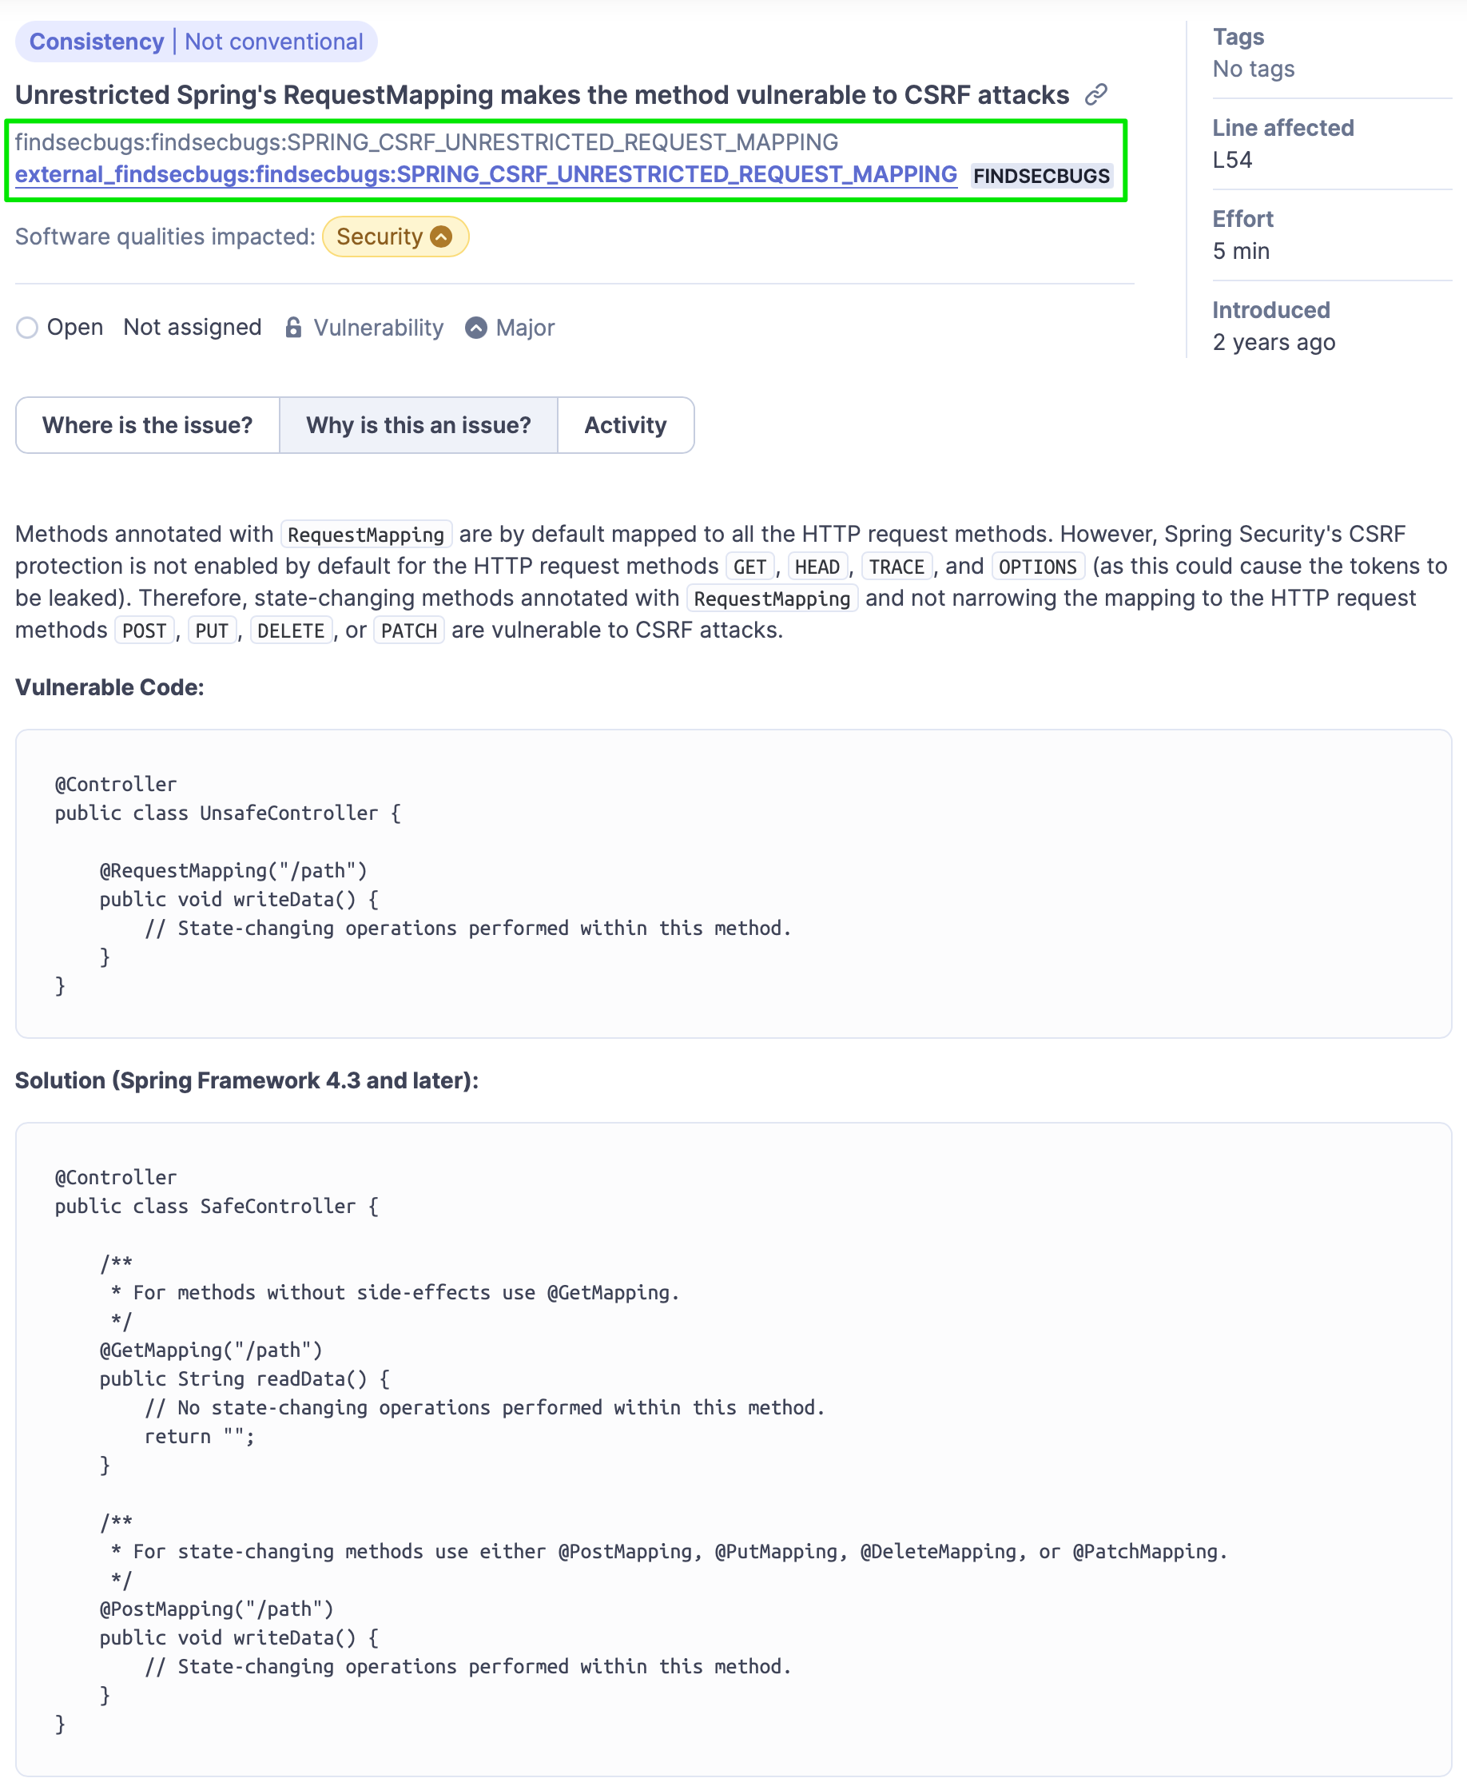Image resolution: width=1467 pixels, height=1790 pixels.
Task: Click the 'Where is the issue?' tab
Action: (x=147, y=425)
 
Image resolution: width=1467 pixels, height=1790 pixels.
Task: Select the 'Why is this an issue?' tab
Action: (x=419, y=425)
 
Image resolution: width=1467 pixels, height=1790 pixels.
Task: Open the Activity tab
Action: (x=626, y=425)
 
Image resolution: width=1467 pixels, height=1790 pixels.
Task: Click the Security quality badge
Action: (x=395, y=237)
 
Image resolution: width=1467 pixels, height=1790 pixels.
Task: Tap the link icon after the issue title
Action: (x=1096, y=94)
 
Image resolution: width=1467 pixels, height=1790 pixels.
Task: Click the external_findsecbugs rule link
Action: (x=486, y=175)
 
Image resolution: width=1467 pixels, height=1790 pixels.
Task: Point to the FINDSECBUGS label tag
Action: (x=1041, y=176)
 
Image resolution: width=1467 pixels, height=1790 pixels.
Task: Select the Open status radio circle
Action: (x=27, y=328)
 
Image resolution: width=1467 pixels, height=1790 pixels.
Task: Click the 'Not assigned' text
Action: (x=192, y=328)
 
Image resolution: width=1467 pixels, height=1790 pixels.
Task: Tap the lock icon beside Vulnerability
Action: (x=293, y=328)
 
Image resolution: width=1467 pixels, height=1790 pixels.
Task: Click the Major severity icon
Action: (x=476, y=328)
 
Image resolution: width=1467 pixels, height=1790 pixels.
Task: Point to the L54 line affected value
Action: (x=1232, y=160)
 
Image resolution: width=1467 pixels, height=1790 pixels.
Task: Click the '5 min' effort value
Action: (x=1241, y=251)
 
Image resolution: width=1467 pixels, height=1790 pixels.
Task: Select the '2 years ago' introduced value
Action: (x=1274, y=342)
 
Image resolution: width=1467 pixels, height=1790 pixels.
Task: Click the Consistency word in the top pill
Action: (x=97, y=42)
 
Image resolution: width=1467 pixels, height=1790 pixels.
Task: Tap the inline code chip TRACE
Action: (x=896, y=567)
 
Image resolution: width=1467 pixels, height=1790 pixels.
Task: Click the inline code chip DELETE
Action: (x=291, y=630)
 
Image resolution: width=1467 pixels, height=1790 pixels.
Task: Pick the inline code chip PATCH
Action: (x=409, y=630)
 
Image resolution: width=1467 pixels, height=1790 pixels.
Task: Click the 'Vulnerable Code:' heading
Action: (x=109, y=687)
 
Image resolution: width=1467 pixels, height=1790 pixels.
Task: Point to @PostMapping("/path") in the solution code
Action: (x=217, y=1609)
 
